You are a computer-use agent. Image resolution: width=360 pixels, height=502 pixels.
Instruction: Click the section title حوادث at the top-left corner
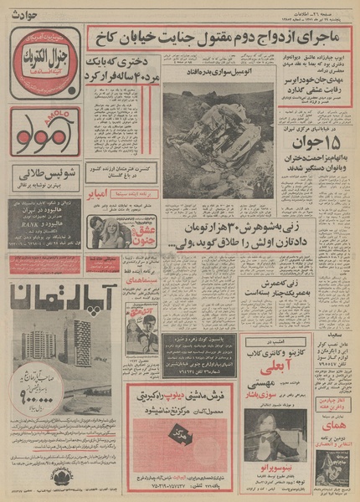24,10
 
